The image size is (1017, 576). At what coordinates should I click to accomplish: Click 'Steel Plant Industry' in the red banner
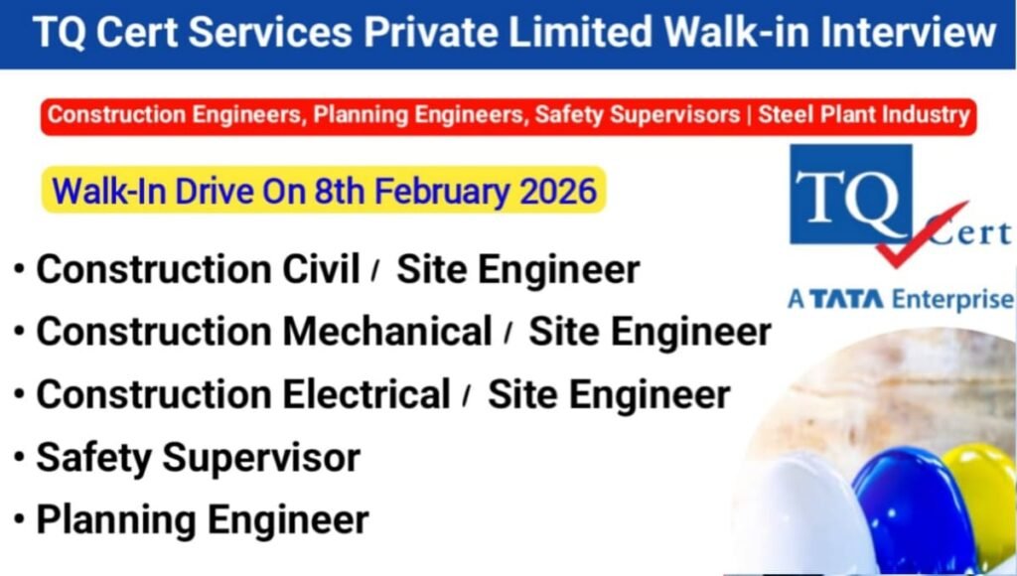pos(863,115)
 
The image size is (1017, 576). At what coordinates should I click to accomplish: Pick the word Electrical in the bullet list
pos(366,394)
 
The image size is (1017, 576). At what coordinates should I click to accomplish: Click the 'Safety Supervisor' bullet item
pos(198,457)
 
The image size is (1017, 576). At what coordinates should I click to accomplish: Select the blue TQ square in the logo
pos(849,195)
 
